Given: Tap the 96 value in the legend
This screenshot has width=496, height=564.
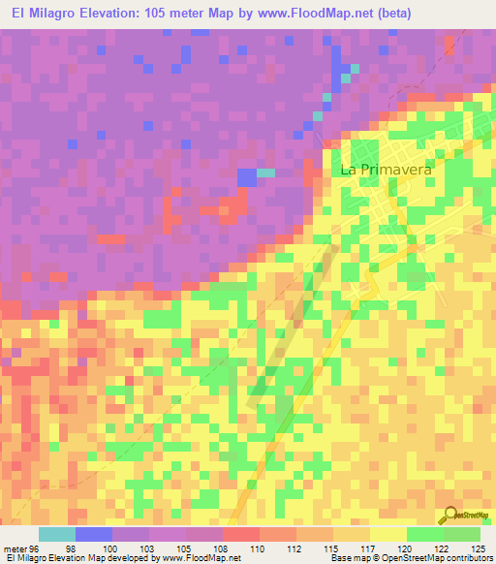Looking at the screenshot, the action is pos(39,548).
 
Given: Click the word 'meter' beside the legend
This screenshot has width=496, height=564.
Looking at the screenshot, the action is pos(15,548).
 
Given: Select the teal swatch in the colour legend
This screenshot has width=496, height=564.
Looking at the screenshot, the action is pos(57,534).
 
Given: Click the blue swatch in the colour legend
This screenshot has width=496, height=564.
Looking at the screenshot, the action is pos(94,534).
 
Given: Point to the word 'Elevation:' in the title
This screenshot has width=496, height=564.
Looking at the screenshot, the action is pos(116,14).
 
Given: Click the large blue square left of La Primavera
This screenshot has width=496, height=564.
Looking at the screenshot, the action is pos(247,176).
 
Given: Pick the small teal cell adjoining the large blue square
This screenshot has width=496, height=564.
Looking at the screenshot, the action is pos(265,172).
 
